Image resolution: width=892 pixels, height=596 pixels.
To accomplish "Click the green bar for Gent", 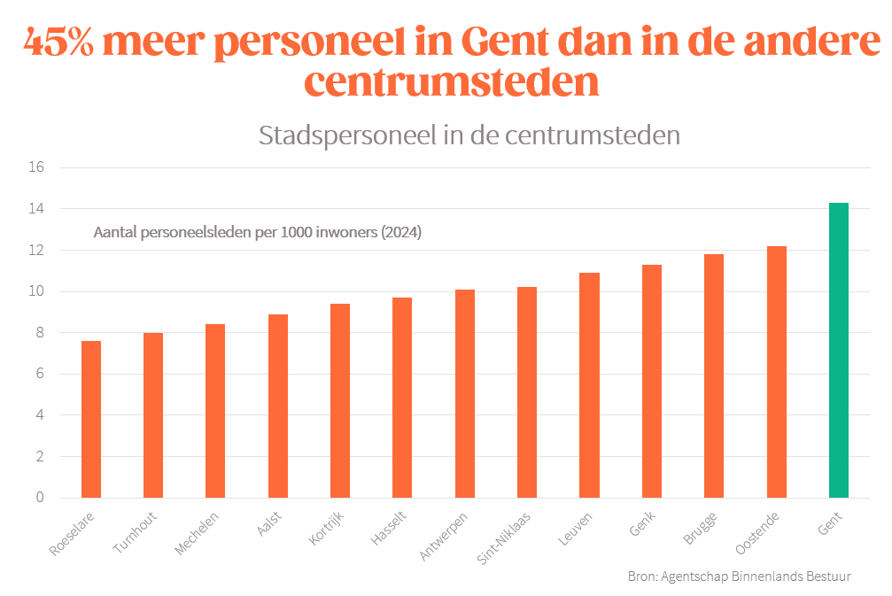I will [838, 350].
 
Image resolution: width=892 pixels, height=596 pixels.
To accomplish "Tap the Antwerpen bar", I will [465, 393].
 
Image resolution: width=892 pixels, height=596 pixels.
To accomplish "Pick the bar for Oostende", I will [776, 372].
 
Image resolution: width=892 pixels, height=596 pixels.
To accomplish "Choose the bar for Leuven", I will [589, 385].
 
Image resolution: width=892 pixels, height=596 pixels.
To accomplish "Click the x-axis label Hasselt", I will [387, 529].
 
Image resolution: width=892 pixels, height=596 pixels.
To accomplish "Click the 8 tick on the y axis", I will [39, 333].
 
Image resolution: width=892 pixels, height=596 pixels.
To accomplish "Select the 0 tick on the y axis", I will [39, 498].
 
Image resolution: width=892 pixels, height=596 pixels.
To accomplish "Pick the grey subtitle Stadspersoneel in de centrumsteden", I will [469, 135].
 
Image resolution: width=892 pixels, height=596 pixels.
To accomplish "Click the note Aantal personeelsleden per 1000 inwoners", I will [257, 234].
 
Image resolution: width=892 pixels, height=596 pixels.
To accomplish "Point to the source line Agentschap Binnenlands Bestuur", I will [739, 577].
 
